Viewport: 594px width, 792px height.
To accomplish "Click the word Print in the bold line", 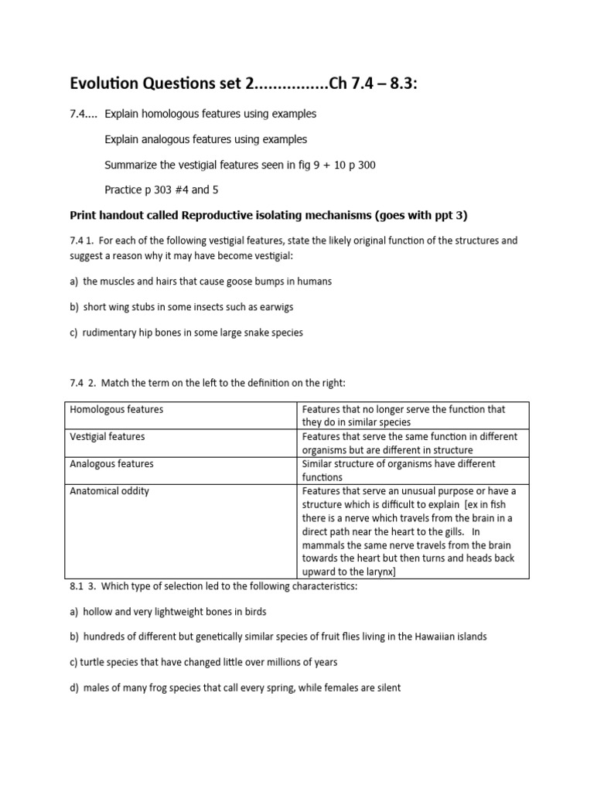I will [x=84, y=215].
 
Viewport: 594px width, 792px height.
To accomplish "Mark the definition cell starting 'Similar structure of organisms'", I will [x=413, y=470].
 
